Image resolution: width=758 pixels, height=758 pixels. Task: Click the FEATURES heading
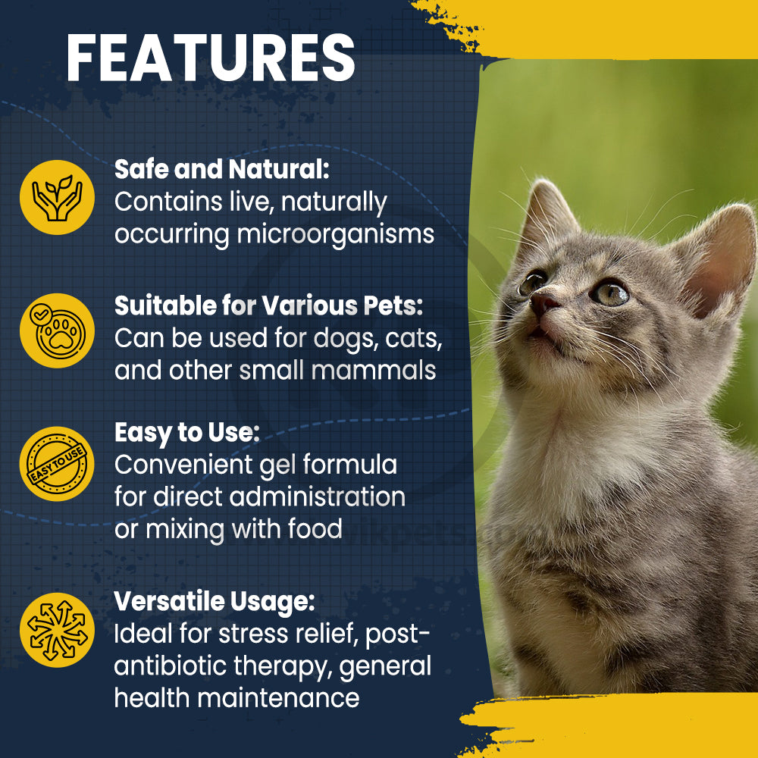tap(211, 58)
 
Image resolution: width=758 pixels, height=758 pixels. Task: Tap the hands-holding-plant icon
tap(57, 197)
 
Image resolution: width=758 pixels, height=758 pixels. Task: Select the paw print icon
tap(57, 330)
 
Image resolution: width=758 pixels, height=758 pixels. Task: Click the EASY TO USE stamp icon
tap(57, 464)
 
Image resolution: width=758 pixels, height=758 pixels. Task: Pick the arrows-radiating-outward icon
tap(57, 630)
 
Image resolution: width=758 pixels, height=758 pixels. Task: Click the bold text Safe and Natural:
tap(222, 169)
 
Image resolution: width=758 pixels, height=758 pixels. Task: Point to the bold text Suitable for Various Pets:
tap(269, 305)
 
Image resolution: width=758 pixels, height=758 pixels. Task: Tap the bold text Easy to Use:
tap(187, 433)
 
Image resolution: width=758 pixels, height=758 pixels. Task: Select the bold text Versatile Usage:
tap(215, 602)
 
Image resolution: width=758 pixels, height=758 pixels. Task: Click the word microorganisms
tap(336, 235)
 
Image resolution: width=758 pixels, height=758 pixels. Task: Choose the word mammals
tap(374, 371)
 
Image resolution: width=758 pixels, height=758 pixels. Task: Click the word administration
tap(317, 496)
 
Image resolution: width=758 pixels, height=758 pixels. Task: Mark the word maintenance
tap(278, 698)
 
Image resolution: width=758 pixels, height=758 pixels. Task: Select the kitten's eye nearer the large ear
tap(610, 293)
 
